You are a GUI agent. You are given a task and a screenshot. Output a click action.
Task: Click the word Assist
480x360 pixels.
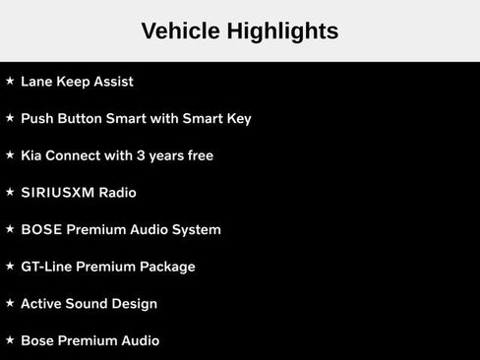(x=112, y=82)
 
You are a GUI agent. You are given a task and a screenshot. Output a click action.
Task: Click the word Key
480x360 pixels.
(x=238, y=119)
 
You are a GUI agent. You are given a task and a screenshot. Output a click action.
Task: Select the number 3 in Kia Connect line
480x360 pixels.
(x=143, y=155)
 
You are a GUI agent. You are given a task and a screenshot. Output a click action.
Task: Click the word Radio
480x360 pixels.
(x=118, y=193)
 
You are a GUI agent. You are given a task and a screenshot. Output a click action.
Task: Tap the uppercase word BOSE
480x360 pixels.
(x=41, y=229)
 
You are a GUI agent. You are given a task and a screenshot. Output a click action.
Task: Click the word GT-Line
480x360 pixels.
(x=47, y=267)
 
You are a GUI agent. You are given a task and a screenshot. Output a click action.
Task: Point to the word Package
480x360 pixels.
(x=168, y=267)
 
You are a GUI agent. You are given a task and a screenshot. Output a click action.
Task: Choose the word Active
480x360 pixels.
(x=42, y=304)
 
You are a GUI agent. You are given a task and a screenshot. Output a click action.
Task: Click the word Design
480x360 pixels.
(x=134, y=304)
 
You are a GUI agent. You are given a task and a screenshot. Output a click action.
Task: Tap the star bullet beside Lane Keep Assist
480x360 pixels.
(x=10, y=81)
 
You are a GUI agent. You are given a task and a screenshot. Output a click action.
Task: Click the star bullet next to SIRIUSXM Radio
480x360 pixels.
(x=10, y=192)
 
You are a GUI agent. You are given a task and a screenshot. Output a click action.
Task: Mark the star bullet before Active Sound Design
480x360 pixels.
(x=10, y=303)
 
